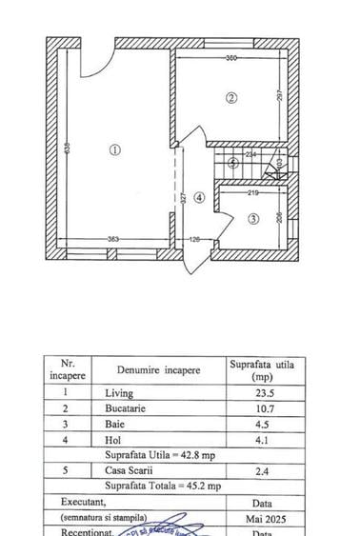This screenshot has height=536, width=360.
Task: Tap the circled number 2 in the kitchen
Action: pyautogui.click(x=230, y=97)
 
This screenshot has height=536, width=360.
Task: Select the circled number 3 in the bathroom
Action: pyautogui.click(x=252, y=219)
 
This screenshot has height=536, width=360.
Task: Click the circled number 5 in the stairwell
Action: pyautogui.click(x=233, y=162)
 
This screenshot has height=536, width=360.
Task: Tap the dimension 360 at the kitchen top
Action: pyautogui.click(x=231, y=59)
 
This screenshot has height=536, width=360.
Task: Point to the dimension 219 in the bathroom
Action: pyautogui.click(x=253, y=193)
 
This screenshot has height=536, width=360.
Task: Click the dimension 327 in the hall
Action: pyautogui.click(x=181, y=197)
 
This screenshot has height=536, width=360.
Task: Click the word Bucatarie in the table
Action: pyautogui.click(x=128, y=408)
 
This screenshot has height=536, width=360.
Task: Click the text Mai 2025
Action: pyautogui.click(x=259, y=520)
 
